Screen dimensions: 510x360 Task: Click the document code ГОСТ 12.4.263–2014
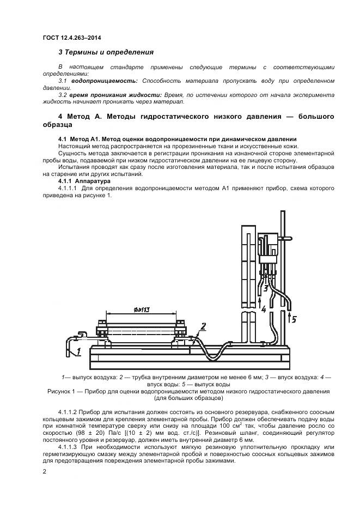click(71, 37)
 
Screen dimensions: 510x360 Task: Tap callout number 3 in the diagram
click(265, 288)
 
